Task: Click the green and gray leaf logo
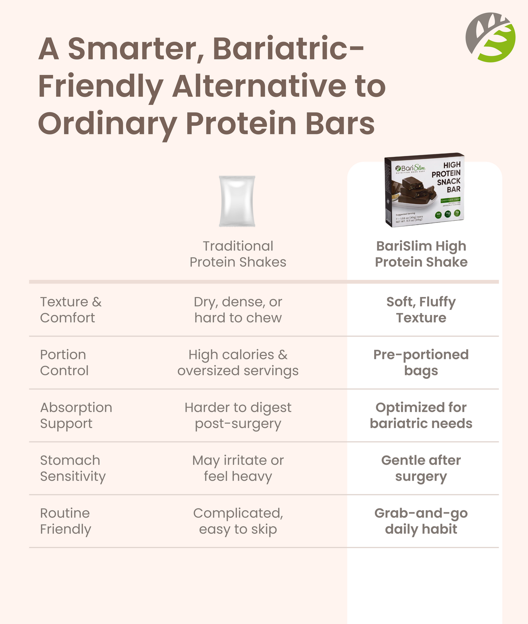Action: tap(490, 37)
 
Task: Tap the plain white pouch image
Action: tap(237, 201)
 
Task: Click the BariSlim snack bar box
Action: tap(424, 190)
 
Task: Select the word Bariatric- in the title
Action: tap(288, 49)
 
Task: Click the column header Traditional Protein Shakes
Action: tap(238, 254)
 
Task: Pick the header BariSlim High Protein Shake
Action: tap(421, 254)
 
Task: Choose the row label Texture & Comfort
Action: tap(71, 310)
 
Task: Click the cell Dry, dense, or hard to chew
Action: tap(238, 310)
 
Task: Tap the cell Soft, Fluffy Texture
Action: tap(421, 310)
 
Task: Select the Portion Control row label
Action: tap(64, 362)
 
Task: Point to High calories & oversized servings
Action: tap(238, 362)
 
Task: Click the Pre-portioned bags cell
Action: tap(421, 362)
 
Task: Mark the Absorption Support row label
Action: tap(76, 415)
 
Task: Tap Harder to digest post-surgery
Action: tap(238, 415)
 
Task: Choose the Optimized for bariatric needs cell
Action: tap(421, 415)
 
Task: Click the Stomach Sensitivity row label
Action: tap(72, 468)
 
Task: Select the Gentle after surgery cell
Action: tap(421, 468)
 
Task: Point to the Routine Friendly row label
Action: tap(65, 521)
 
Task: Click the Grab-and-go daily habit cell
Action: tap(421, 521)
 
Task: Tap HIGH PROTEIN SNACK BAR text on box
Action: tap(446, 177)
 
